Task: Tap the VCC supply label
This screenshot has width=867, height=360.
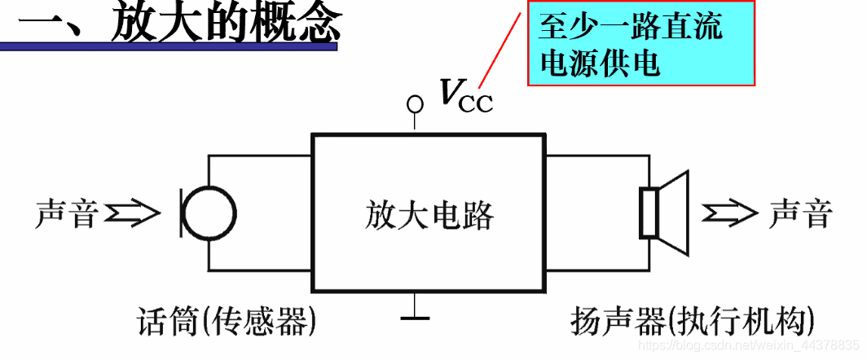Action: (x=465, y=95)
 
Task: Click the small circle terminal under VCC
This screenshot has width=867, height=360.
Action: (x=416, y=104)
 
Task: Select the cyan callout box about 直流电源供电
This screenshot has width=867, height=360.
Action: (x=640, y=45)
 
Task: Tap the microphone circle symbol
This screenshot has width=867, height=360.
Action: (x=209, y=213)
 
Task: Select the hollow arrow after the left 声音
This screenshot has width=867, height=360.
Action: (x=134, y=213)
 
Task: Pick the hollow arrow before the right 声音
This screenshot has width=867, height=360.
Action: (x=730, y=213)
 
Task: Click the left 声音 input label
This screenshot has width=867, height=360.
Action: (x=68, y=214)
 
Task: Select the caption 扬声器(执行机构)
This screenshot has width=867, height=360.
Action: (x=693, y=323)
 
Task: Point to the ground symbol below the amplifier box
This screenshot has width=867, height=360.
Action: (x=416, y=314)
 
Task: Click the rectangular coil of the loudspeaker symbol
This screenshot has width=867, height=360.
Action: (x=648, y=213)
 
